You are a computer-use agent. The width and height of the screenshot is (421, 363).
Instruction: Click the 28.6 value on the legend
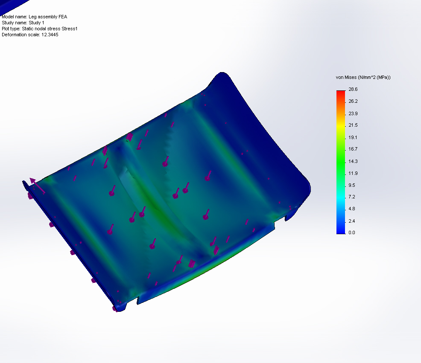[353, 89]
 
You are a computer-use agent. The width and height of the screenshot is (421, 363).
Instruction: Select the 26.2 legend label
[353, 101]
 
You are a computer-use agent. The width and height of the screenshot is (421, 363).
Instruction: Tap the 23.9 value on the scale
[353, 113]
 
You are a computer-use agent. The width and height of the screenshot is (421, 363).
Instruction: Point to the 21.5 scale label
[353, 125]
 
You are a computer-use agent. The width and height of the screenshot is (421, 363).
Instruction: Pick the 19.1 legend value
[353, 137]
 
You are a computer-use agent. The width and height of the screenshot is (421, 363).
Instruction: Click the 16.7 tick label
[353, 149]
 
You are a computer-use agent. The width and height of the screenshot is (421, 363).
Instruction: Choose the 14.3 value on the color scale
[353, 161]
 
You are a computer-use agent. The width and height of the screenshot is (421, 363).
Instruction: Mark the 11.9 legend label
[353, 173]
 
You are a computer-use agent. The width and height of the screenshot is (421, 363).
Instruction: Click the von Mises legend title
[363, 77]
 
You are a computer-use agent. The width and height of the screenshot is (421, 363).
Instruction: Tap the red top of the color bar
[340, 92]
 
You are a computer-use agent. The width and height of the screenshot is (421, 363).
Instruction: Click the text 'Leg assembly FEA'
[48, 17]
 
